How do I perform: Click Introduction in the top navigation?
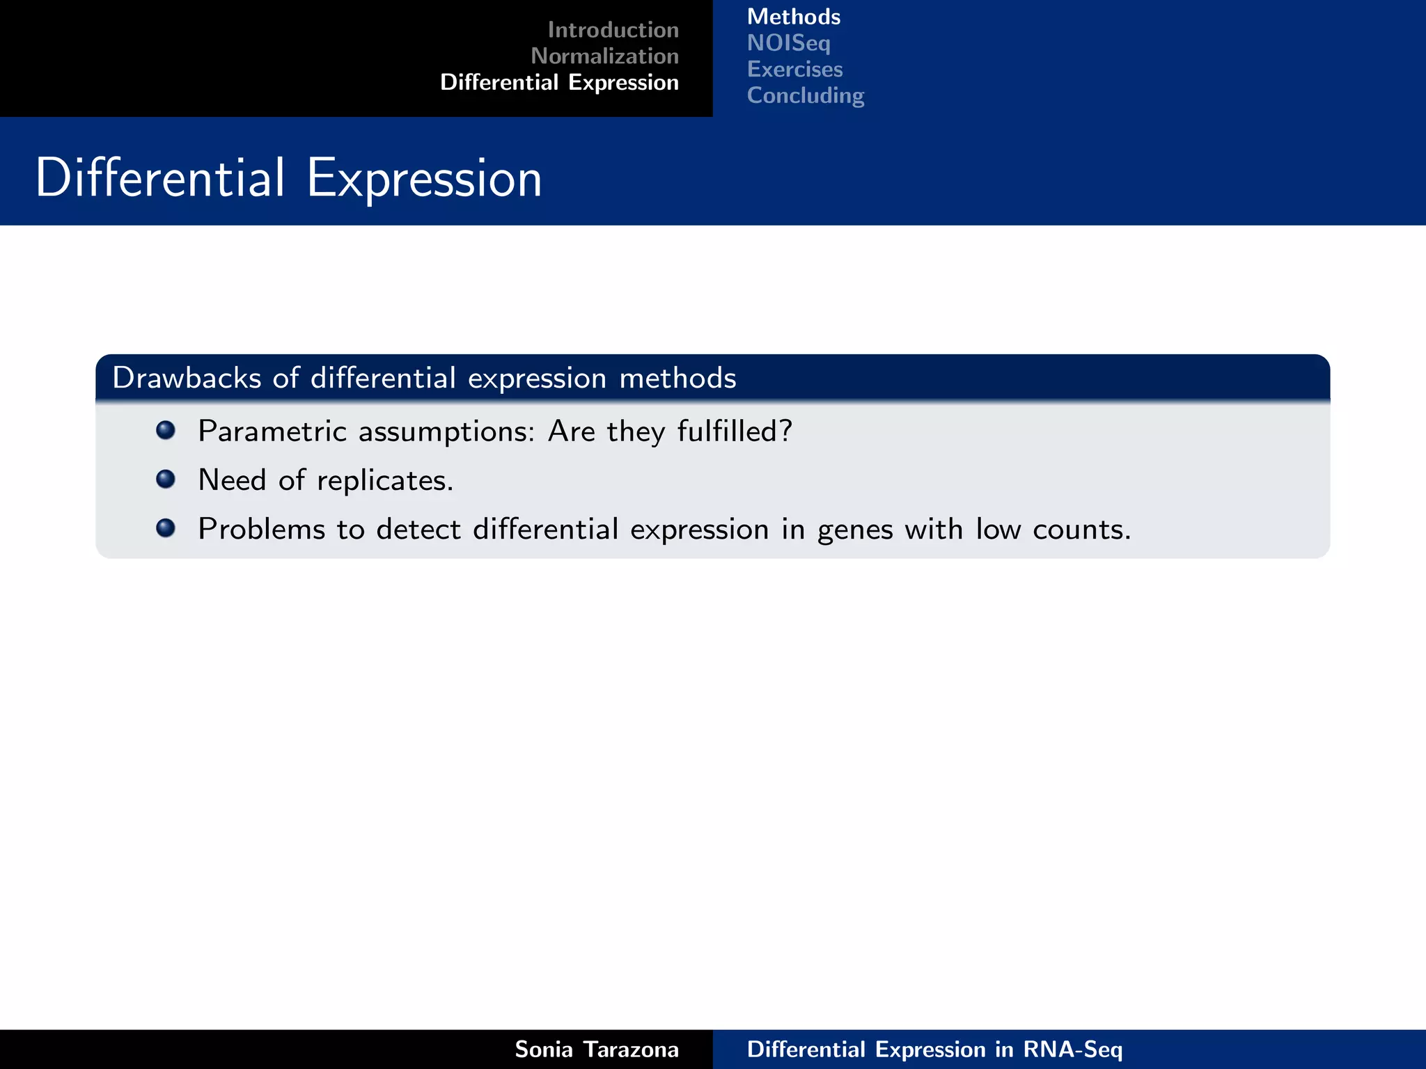(613, 30)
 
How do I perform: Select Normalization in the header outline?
(604, 56)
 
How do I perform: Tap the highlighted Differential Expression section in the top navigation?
(559, 83)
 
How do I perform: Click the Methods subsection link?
(794, 17)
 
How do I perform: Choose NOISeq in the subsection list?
(789, 43)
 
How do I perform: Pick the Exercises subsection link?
(795, 70)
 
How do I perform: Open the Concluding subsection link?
(806, 95)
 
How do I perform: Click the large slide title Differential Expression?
(288, 178)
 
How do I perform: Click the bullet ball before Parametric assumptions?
(166, 430)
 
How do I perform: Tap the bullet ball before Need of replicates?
(166, 479)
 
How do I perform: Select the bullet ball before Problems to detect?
(166, 528)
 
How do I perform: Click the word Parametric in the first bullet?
(272, 431)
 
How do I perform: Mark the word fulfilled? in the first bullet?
(735, 431)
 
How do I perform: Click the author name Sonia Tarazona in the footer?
(597, 1050)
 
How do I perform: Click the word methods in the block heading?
(677, 378)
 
